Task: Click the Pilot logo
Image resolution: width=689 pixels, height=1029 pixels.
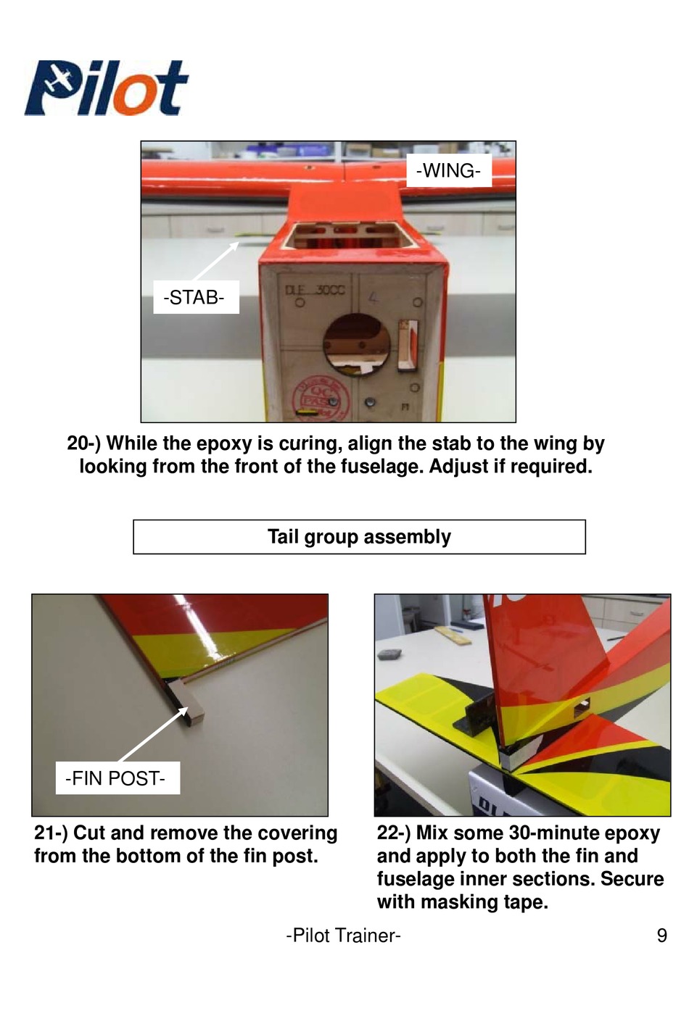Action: pyautogui.click(x=106, y=87)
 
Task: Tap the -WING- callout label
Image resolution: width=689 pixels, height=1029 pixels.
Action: pyautogui.click(x=449, y=171)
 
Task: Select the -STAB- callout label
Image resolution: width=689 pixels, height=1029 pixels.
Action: pyautogui.click(x=196, y=297)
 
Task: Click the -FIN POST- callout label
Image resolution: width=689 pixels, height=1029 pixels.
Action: pyautogui.click(x=117, y=778)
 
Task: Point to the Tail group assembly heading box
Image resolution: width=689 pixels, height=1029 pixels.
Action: pyautogui.click(x=359, y=536)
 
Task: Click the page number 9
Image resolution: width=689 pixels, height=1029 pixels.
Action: pyautogui.click(x=661, y=936)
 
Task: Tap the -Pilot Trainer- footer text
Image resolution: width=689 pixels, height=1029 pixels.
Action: pyautogui.click(x=343, y=936)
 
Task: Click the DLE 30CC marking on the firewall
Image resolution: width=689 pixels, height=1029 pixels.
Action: pyautogui.click(x=315, y=291)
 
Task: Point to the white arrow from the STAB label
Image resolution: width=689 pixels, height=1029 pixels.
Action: pyautogui.click(x=215, y=261)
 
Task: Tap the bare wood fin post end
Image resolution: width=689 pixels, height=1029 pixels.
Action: pyautogui.click(x=187, y=704)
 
